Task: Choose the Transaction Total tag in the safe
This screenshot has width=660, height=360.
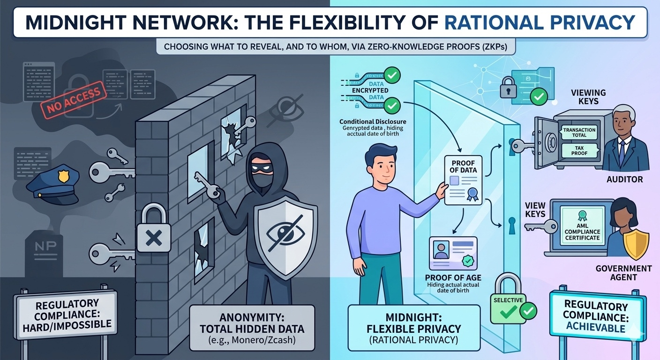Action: (x=579, y=133)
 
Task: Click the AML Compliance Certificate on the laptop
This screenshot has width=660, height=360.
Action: (x=582, y=226)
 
